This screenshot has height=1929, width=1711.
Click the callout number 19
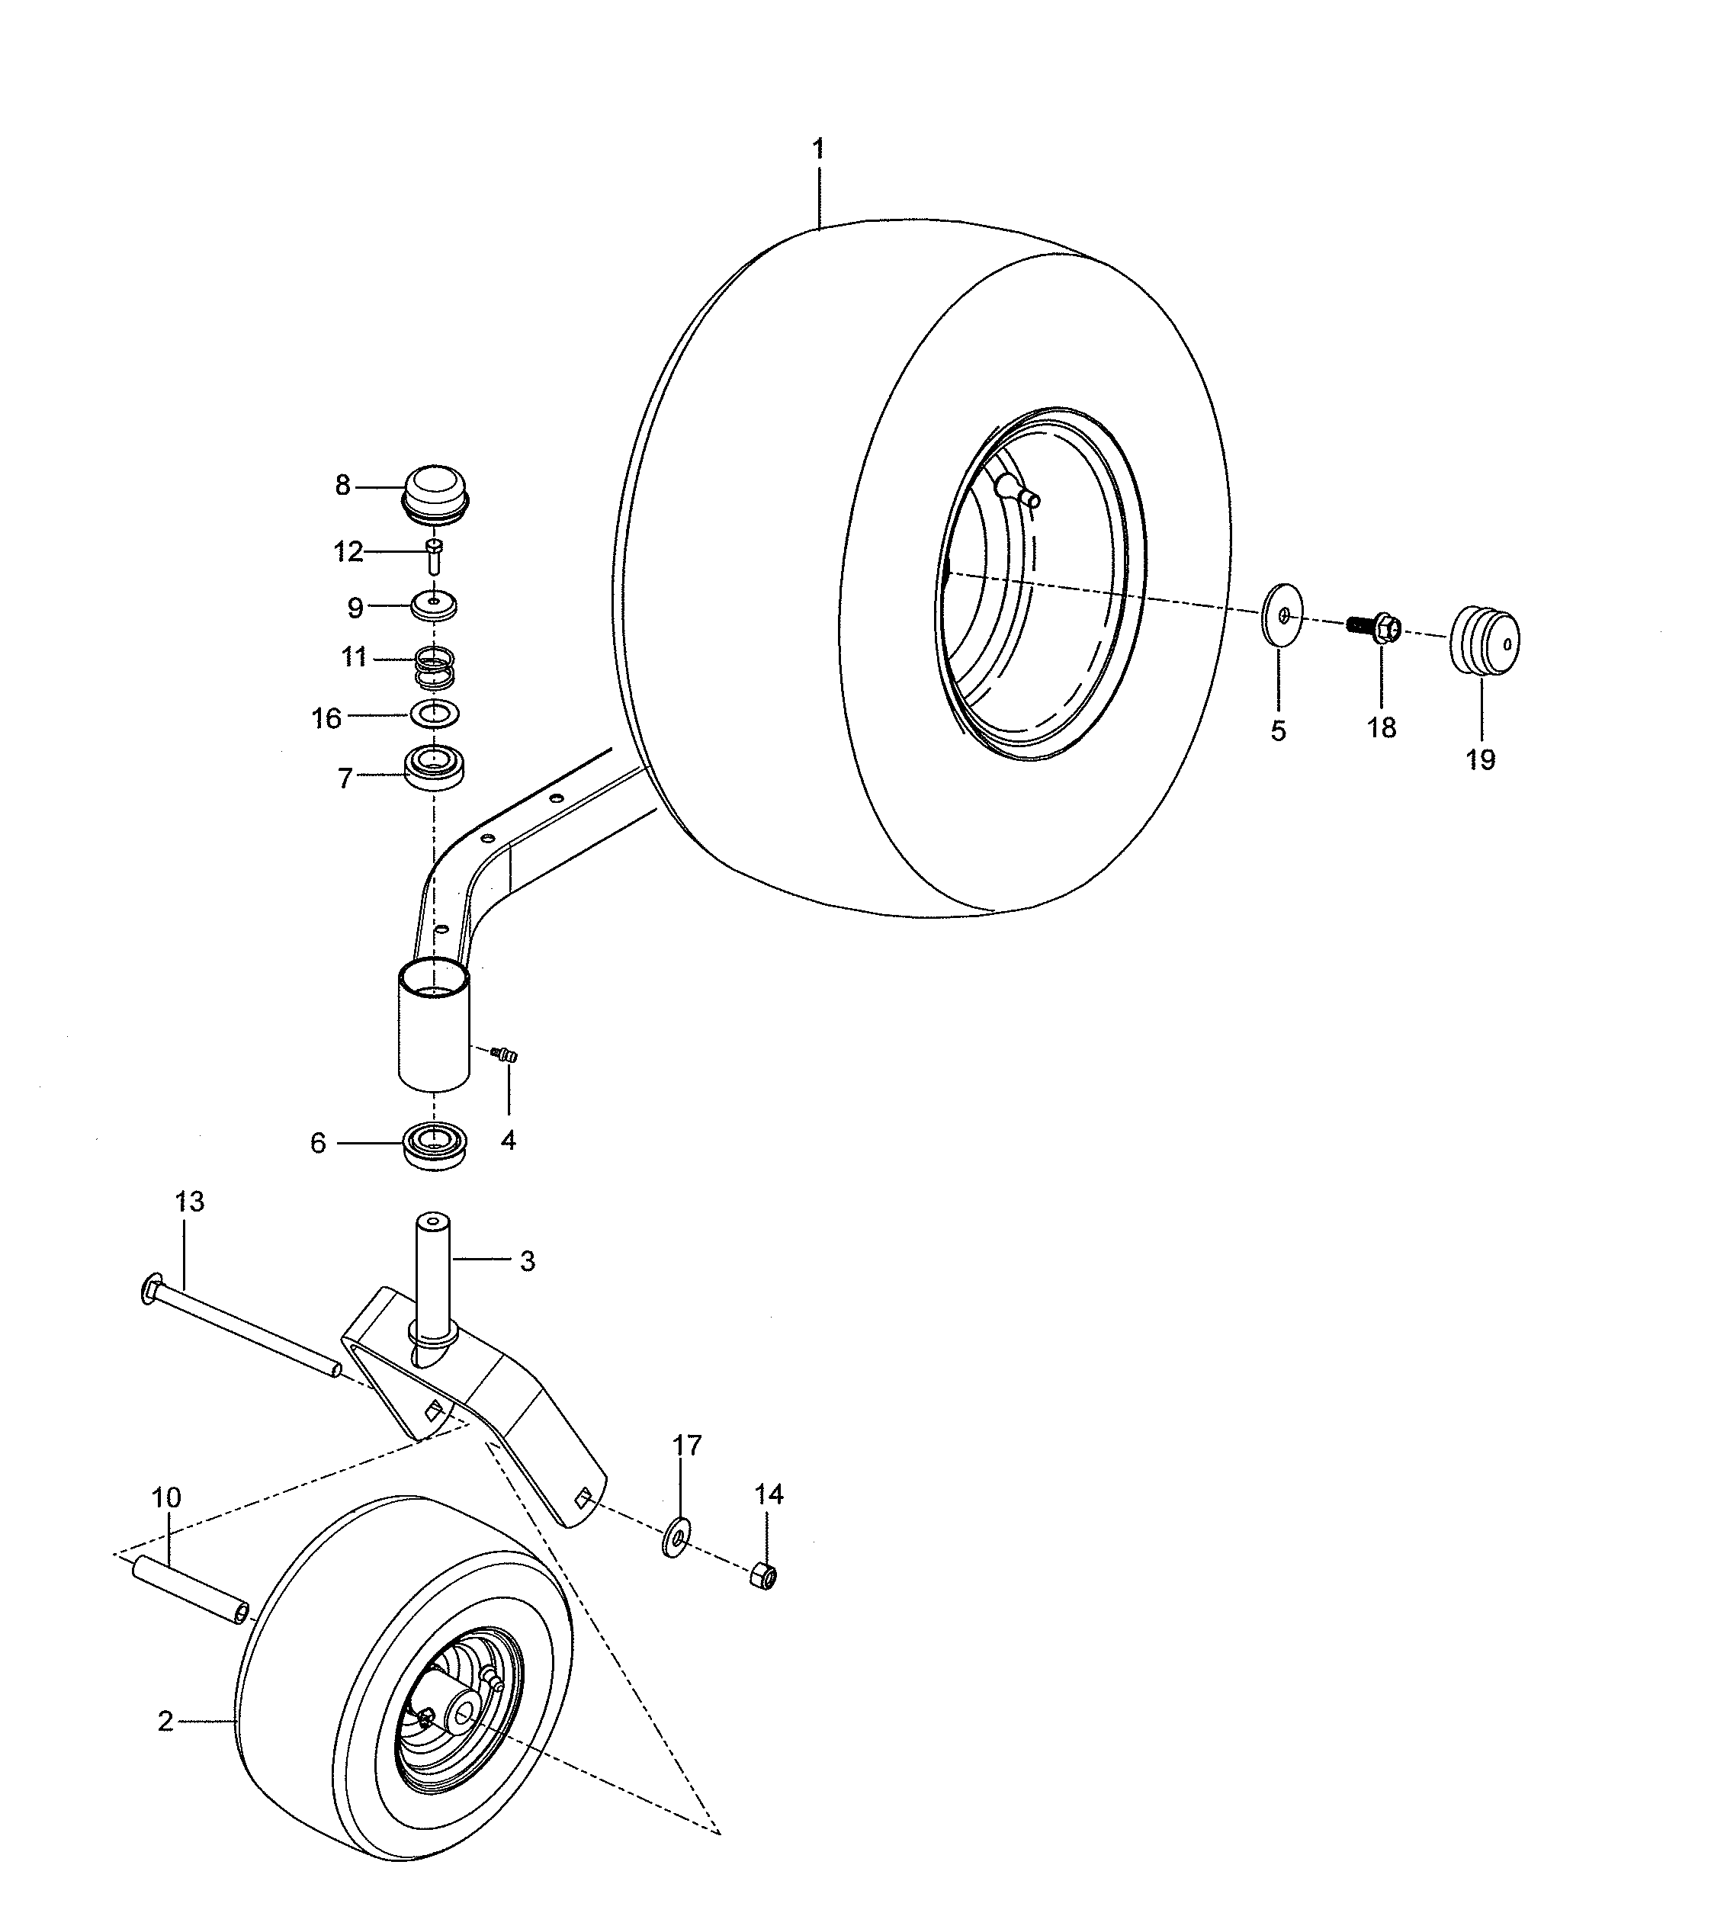pos(1480,759)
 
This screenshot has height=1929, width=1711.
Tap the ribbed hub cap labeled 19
pos(1485,642)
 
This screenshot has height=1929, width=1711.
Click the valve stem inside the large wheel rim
pos(1017,492)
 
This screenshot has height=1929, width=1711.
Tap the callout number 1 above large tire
pos(818,149)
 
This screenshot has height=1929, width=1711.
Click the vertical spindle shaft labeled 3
pos(432,1274)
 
